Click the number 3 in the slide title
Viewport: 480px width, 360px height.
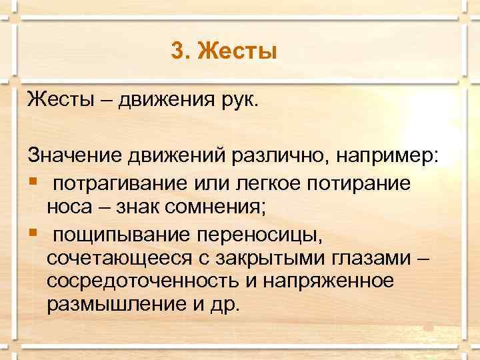pyautogui.click(x=177, y=50)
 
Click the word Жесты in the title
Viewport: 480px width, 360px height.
pyautogui.click(x=237, y=50)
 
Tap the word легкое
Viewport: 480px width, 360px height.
pyautogui.click(x=255, y=183)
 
